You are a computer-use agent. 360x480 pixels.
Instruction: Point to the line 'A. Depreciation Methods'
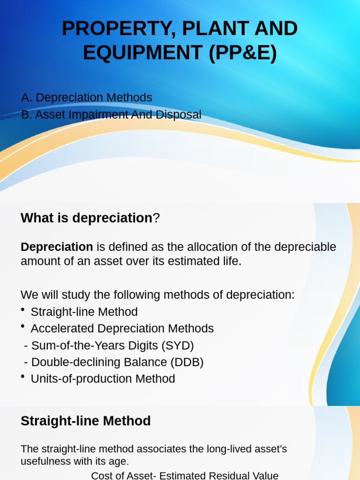click(87, 97)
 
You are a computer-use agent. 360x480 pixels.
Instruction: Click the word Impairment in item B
click(97, 114)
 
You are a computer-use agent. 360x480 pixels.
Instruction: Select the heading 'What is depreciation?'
click(90, 218)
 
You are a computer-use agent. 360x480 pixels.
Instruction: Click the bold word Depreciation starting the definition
click(57, 247)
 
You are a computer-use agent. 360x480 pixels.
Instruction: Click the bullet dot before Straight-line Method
click(23, 309)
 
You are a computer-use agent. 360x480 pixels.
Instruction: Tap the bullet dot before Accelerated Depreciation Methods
click(23, 326)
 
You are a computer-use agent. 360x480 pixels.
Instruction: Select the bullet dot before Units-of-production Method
click(23, 376)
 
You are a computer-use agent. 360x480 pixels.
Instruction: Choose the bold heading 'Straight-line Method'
click(86, 421)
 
